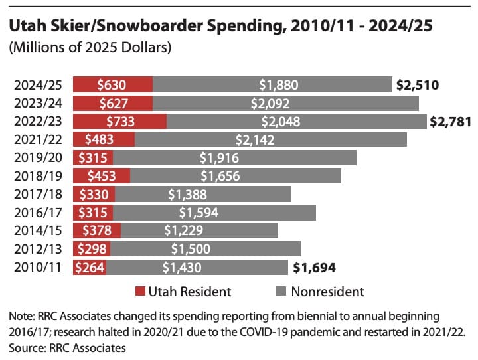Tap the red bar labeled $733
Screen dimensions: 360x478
tap(119, 121)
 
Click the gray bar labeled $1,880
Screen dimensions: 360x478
tap(272, 84)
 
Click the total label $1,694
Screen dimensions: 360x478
tap(313, 268)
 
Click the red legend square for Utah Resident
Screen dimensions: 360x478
tap(139, 292)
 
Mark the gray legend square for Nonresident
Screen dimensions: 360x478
tap(279, 292)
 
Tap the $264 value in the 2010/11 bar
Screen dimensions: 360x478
tap(90, 268)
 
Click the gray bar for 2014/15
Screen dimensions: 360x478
tap(199, 230)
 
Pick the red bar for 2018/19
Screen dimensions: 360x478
tap(102, 176)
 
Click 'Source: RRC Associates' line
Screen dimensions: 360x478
tap(67, 347)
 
